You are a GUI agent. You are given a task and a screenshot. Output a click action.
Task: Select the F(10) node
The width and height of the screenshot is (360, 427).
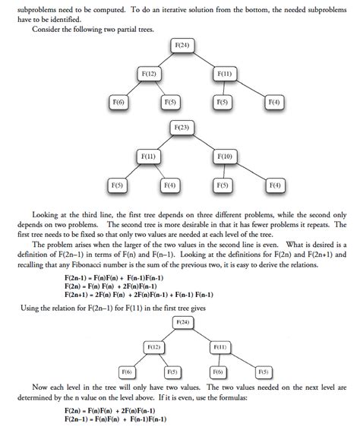224,157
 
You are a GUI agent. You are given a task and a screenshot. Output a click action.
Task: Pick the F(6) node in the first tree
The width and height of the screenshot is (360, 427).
118,101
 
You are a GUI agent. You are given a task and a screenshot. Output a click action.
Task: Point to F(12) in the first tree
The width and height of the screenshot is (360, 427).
148,74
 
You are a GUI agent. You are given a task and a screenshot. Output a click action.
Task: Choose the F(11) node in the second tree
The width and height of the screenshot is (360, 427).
148,157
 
